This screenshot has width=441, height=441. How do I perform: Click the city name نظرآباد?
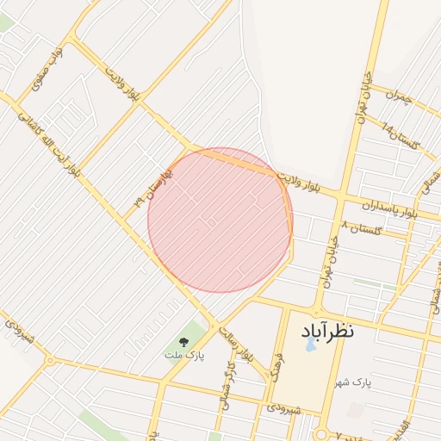point(327,330)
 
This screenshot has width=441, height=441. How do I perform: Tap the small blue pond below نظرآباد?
point(310,345)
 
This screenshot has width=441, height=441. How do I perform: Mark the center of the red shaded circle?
point(220,220)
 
